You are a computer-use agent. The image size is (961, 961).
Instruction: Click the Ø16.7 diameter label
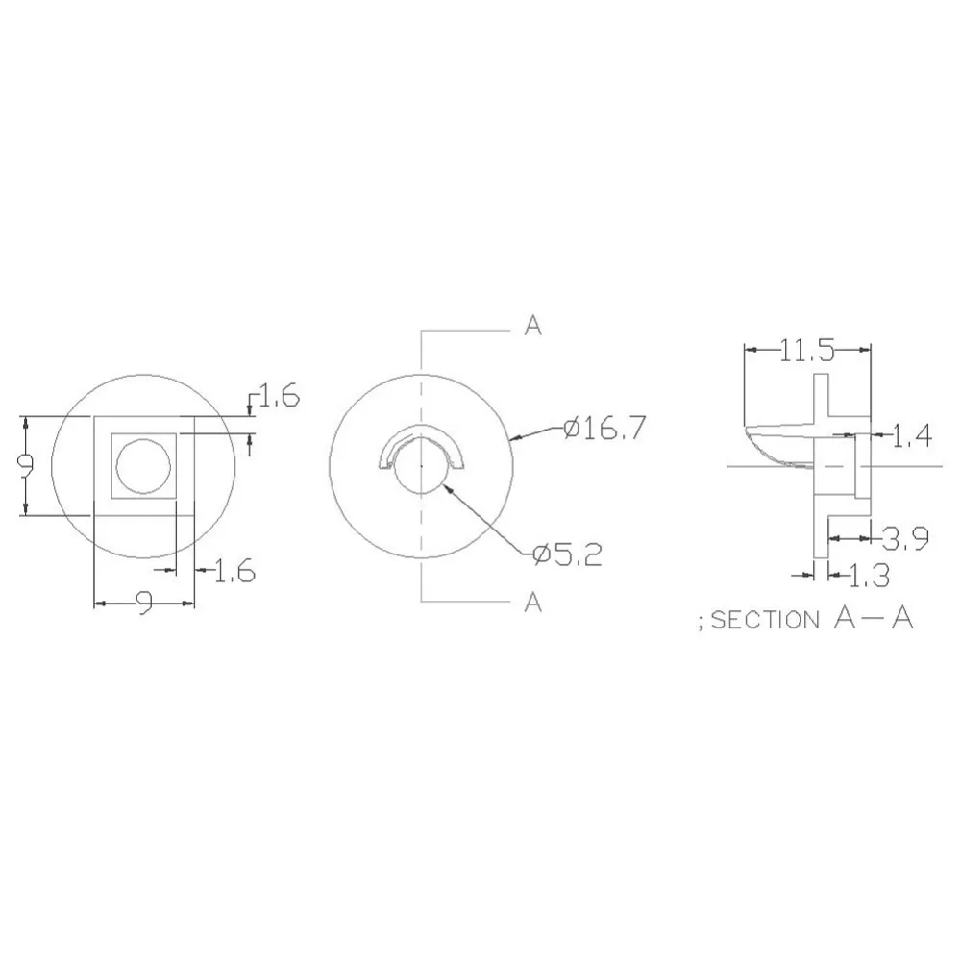[x=604, y=429]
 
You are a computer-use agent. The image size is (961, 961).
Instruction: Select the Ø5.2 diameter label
[x=568, y=555]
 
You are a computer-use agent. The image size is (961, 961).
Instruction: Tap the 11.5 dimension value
[x=807, y=351]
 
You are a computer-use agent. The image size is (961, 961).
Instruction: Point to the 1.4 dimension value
[x=911, y=436]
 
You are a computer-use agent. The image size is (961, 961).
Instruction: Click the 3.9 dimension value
[x=905, y=539]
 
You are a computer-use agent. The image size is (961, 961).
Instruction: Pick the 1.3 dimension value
[x=869, y=576]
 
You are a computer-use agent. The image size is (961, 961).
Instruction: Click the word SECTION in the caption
[x=765, y=620]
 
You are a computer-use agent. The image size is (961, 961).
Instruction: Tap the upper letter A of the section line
[x=533, y=326]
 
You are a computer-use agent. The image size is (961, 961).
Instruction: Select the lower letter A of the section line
[x=533, y=603]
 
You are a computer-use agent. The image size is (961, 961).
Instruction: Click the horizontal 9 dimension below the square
[x=143, y=604]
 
